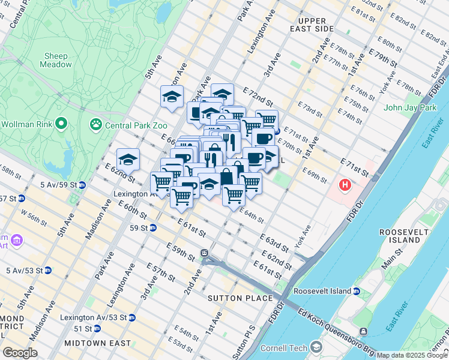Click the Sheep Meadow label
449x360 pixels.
pyautogui.click(x=57, y=60)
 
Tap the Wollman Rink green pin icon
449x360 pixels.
pyautogui.click(x=61, y=124)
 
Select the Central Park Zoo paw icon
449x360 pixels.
pyautogui.click(x=95, y=125)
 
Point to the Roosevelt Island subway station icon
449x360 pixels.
pyautogui.click(x=357, y=292)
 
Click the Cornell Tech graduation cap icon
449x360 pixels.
pyautogui.click(x=316, y=347)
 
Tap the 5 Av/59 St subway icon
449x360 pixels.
pyautogui.click(x=82, y=185)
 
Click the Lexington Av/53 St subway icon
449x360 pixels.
pyautogui.click(x=131, y=317)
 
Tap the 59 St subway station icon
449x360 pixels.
pyautogui.click(x=153, y=227)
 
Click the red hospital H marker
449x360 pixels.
pyautogui.click(x=345, y=185)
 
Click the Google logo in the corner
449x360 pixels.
pyautogui.click(x=20, y=353)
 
